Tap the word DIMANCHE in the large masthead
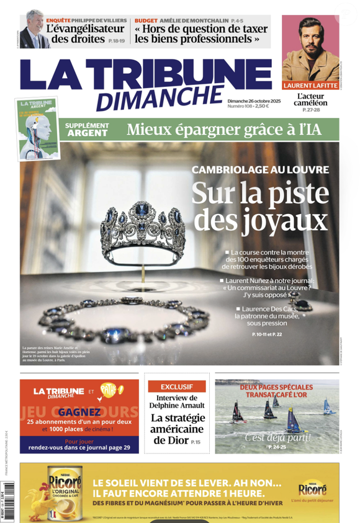click(158, 98)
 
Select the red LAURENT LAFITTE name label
click(310, 85)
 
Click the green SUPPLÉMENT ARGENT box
click(88, 130)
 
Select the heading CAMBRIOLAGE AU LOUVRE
click(259, 169)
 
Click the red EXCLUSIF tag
click(176, 386)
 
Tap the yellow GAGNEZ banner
click(80, 412)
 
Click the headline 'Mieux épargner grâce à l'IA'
click(223, 130)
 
